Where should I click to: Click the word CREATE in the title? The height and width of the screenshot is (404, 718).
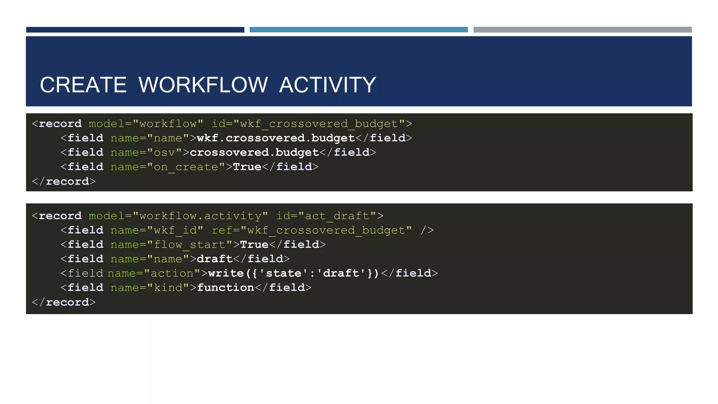pyautogui.click(x=83, y=85)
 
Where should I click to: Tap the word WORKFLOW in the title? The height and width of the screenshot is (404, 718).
pyautogui.click(x=203, y=85)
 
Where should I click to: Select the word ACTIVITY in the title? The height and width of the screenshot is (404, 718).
pyautogui.click(x=327, y=85)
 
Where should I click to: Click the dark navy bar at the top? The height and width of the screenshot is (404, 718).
pyautogui.click(x=135, y=30)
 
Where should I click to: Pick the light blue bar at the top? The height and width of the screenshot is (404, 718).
pyautogui.click(x=358, y=30)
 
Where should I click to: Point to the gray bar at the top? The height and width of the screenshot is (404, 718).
pyautogui.click(x=582, y=30)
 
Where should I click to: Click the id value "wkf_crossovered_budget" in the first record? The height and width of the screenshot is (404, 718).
pyautogui.click(x=319, y=124)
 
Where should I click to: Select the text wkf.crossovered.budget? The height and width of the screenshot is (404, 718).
pyautogui.click(x=276, y=138)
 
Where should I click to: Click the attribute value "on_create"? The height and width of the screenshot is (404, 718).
pyautogui.click(x=186, y=167)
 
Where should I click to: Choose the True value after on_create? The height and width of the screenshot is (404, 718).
pyautogui.click(x=247, y=167)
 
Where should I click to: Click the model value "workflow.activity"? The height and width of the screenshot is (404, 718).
pyautogui.click(x=200, y=216)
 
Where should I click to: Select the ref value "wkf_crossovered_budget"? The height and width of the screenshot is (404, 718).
pyautogui.click(x=326, y=230)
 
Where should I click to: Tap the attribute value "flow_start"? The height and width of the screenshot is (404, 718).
pyautogui.click(x=190, y=245)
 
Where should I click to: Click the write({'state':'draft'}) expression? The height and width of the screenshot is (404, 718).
pyautogui.click(x=294, y=273)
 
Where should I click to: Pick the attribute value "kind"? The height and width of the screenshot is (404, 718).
pyautogui.click(x=168, y=288)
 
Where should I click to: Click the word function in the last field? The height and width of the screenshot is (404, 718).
pyautogui.click(x=225, y=288)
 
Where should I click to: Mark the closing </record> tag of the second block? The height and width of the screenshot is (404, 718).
pyautogui.click(x=63, y=302)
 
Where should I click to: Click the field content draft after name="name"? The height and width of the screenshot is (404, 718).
pyautogui.click(x=215, y=259)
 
